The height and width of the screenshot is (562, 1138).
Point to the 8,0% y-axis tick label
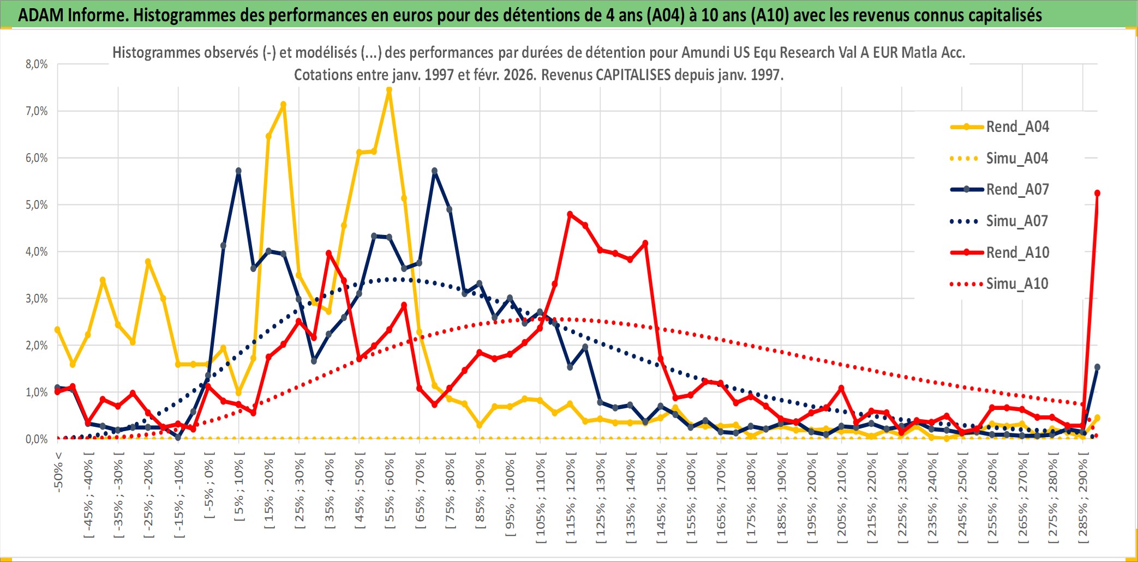point(37,64)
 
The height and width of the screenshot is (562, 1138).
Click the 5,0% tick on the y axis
point(37,205)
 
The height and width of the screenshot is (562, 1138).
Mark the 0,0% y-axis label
point(37,439)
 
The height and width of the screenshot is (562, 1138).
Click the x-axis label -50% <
point(58,472)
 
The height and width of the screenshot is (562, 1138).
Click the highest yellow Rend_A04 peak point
point(389,90)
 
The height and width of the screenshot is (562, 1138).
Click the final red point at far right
point(1097,194)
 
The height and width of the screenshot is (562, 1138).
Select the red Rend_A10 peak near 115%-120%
point(570,214)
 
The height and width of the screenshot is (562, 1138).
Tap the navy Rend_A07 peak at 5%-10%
point(238,171)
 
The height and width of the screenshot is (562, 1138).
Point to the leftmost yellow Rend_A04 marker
point(57,330)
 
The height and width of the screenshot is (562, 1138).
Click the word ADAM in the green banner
point(40,15)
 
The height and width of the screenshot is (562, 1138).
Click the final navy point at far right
point(1097,367)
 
